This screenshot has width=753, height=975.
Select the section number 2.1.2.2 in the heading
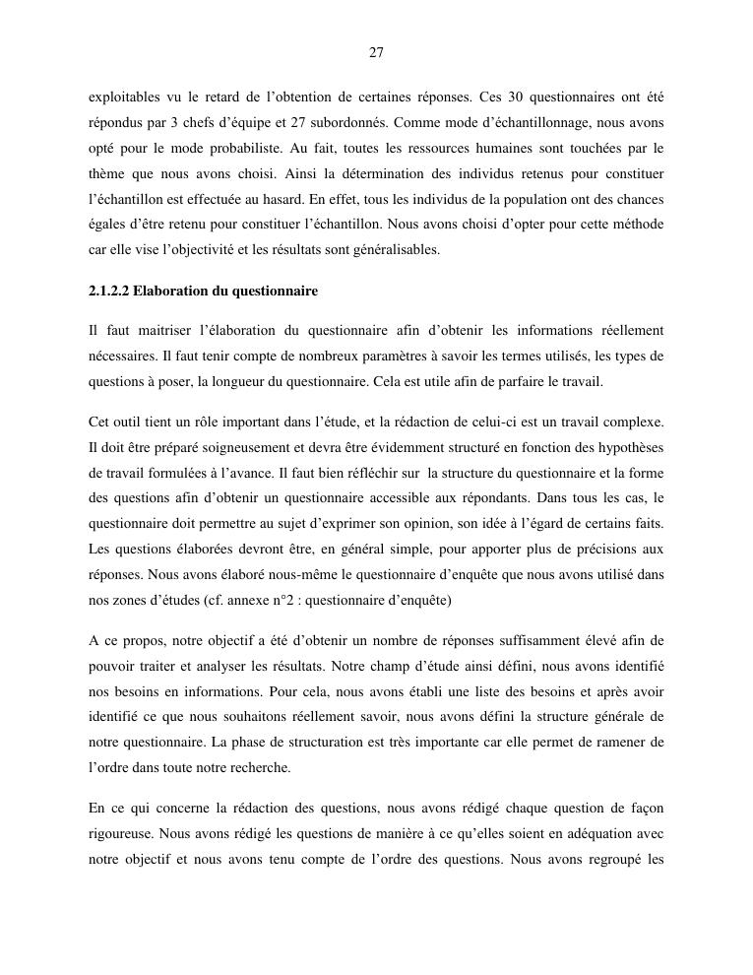[107, 292]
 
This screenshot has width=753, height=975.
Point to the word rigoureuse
[125, 833]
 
